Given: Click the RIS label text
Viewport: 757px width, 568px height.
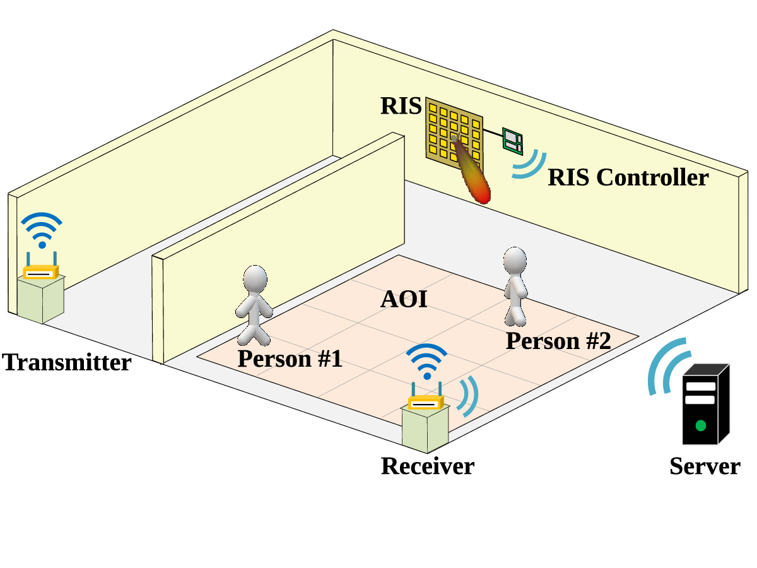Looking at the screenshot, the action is (x=401, y=105).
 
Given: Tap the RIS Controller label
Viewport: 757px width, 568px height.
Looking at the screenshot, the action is (x=628, y=177).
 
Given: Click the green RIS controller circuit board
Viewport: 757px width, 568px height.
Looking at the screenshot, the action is (x=512, y=141).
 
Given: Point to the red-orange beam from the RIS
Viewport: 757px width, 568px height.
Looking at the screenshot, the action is (x=472, y=170).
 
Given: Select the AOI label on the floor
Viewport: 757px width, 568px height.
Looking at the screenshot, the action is (x=404, y=299).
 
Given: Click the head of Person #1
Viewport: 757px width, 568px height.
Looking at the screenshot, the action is (x=255, y=279).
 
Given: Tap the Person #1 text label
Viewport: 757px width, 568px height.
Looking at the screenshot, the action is (x=290, y=358).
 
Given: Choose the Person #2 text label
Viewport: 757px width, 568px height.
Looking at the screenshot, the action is (x=558, y=341).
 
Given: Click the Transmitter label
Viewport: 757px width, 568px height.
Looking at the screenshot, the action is (x=67, y=362).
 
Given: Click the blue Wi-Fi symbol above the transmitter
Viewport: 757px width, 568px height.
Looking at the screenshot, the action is (x=42, y=230).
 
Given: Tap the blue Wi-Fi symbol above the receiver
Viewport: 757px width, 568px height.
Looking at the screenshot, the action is (x=427, y=362).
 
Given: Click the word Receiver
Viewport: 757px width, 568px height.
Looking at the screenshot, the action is (x=428, y=466).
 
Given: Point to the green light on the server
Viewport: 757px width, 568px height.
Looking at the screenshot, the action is (x=700, y=425).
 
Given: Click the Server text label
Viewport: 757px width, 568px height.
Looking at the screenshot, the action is (x=705, y=466).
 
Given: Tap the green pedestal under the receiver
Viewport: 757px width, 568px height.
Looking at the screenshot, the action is (x=426, y=429).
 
